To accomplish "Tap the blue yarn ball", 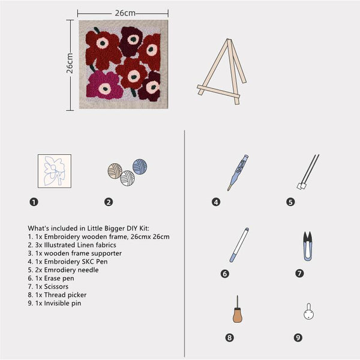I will (x=140, y=166).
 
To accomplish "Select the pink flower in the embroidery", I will (x=104, y=86).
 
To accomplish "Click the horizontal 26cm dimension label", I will (x=123, y=12).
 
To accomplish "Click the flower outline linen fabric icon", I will (x=54, y=170).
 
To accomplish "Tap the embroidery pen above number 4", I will (x=237, y=172).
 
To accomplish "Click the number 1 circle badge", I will (x=34, y=202).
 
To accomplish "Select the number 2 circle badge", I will (x=109, y=202).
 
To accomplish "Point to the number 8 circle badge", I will (x=229, y=338).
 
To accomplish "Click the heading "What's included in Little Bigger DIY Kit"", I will (x=93, y=228).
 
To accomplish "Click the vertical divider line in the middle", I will (x=184, y=240).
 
